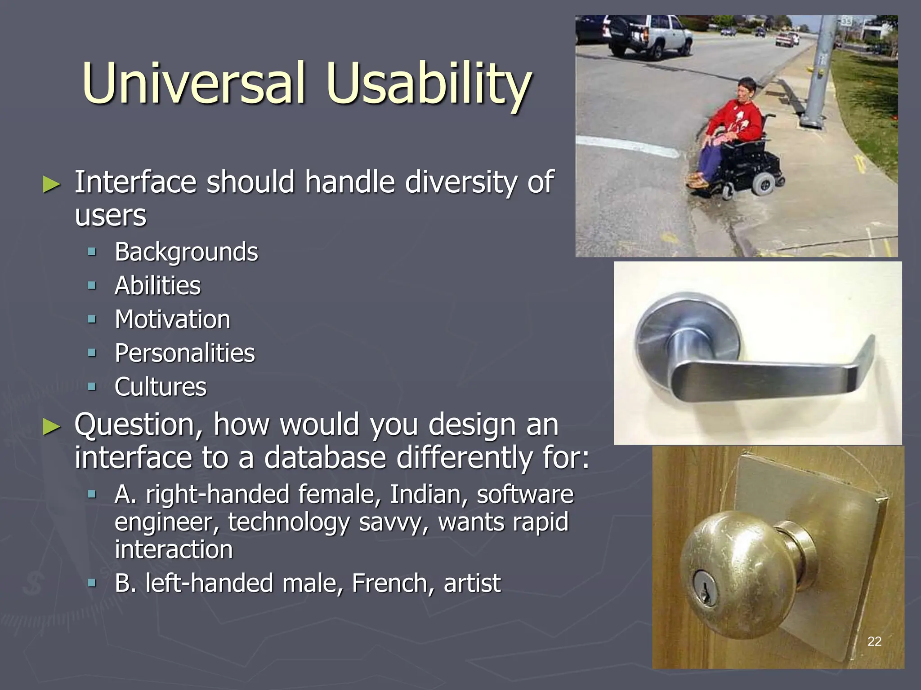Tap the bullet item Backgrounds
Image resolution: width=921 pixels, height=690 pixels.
point(186,252)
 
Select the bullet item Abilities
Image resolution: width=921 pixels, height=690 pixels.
point(157,286)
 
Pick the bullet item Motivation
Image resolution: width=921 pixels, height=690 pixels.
point(172,319)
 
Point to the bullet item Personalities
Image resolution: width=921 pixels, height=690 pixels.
point(184,353)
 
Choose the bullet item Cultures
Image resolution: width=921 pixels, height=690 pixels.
point(160,387)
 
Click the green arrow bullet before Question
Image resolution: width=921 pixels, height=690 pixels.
point(51,426)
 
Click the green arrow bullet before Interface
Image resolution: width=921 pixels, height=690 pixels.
point(51,184)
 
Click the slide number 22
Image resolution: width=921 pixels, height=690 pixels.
point(874,641)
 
